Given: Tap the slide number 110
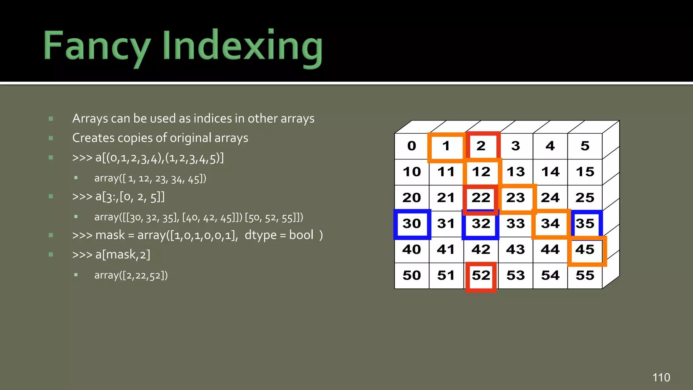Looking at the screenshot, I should pyautogui.click(x=661, y=377).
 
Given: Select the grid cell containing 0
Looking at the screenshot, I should pyautogui.click(x=411, y=146).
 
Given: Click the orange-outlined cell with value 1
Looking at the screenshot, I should pyautogui.click(x=446, y=146).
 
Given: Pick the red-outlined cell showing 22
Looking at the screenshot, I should pyautogui.click(x=480, y=198).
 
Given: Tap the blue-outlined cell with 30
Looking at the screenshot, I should pyautogui.click(x=412, y=224).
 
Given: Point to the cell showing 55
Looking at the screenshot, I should pyautogui.click(x=585, y=276).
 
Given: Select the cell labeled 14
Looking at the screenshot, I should pyautogui.click(x=550, y=172).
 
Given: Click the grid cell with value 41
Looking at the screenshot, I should pyautogui.click(x=446, y=250).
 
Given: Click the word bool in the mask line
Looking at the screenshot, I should pyautogui.click(x=301, y=235).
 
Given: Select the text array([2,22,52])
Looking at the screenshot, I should pyautogui.click(x=131, y=276).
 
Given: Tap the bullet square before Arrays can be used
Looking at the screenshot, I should pyautogui.click(x=51, y=119).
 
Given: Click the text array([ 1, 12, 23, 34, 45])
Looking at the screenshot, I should pyautogui.click(x=150, y=178).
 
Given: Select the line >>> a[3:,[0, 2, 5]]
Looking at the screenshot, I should pyautogui.click(x=118, y=197).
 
